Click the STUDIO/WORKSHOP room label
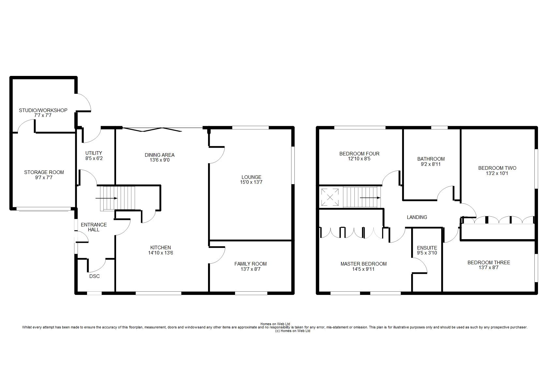click(43, 110)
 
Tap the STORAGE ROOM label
click(44, 172)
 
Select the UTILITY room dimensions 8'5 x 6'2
click(94, 158)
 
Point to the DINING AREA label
click(159, 155)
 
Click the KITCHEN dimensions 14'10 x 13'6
click(160, 253)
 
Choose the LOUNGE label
click(251, 177)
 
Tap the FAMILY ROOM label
click(250, 264)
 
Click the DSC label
click(95, 276)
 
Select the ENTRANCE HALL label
click(94, 227)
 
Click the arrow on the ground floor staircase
click(106, 198)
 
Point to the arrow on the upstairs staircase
click(370, 197)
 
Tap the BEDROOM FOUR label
click(359, 154)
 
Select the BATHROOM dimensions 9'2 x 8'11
click(431, 164)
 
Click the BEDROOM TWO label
click(497, 168)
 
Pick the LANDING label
click(417, 217)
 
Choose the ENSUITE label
click(427, 248)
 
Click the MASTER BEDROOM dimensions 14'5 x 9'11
click(364, 269)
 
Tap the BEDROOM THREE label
click(489, 263)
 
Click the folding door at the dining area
click(152, 129)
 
